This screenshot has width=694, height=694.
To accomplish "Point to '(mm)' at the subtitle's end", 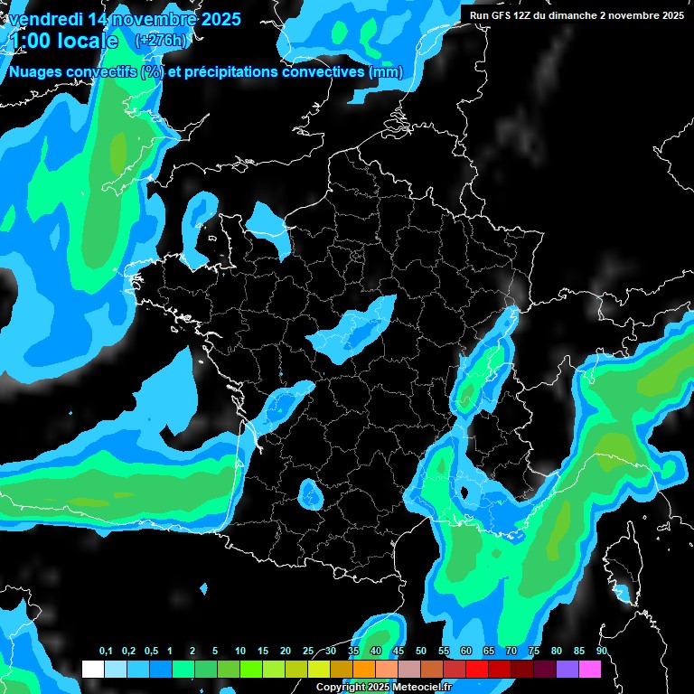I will [x=386, y=72].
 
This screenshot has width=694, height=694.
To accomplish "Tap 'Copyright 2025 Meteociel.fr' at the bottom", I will [x=384, y=688].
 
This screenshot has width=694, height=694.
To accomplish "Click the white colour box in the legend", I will [x=92, y=670].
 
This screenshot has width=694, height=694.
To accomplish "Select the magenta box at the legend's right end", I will [x=590, y=670].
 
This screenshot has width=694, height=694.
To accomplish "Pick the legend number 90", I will [x=601, y=652].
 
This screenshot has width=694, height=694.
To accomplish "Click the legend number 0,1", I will [x=106, y=652].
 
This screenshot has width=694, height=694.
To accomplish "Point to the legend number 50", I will [x=421, y=652].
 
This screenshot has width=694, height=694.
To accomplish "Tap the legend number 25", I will [x=308, y=652].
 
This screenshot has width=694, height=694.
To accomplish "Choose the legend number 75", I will [x=534, y=652].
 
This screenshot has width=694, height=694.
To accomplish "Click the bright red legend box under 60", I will [x=477, y=670].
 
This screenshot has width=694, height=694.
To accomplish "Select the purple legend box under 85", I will [x=567, y=670].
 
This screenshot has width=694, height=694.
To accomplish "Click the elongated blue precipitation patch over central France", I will [x=353, y=327].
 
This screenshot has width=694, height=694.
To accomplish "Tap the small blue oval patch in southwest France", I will [x=311, y=494].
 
